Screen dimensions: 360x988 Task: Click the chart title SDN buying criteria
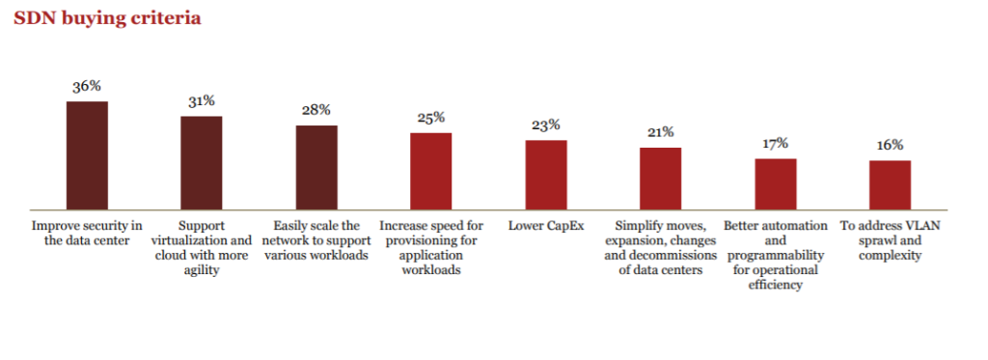107,18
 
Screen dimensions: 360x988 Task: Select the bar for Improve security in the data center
87,154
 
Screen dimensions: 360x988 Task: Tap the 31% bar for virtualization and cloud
202,162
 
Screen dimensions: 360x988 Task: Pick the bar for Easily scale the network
316,167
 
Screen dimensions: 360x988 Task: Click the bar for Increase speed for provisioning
431,171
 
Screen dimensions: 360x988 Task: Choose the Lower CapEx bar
546,175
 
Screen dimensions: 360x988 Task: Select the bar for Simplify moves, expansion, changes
661,179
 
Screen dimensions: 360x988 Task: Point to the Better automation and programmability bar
776,183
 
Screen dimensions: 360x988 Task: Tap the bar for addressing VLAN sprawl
890,184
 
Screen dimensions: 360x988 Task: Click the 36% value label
87,86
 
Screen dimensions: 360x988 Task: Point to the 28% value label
316,110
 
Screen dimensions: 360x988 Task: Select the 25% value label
431,118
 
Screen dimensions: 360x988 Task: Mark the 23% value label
546,125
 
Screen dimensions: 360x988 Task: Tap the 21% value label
661,132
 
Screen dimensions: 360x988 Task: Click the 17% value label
776,144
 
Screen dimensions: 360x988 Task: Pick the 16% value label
890,145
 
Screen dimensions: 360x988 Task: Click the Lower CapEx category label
546,226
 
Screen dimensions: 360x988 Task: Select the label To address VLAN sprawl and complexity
890,240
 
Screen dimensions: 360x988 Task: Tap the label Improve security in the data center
87,233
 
